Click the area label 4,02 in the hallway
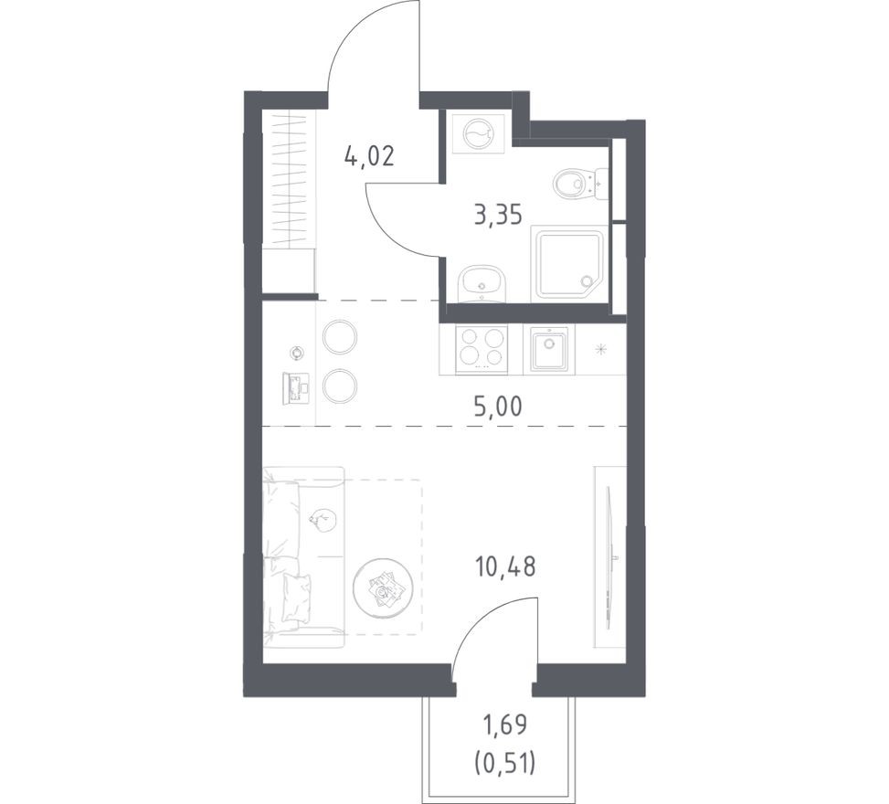369,156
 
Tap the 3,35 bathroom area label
497,217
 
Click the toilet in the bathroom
576,184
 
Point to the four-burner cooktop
482,348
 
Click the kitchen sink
549,349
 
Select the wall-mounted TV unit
610,546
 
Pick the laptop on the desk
297,387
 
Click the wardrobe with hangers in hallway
288,178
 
